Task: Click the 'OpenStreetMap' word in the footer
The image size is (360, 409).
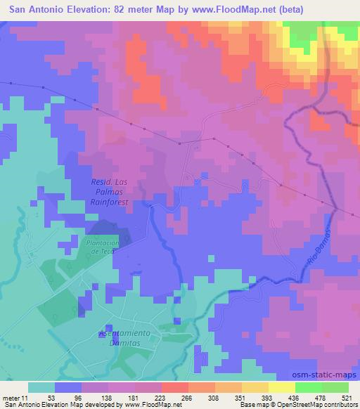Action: coord(294,405)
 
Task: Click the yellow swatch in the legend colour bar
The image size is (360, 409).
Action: coord(281,387)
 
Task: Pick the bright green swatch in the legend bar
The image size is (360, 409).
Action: coord(308,387)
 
